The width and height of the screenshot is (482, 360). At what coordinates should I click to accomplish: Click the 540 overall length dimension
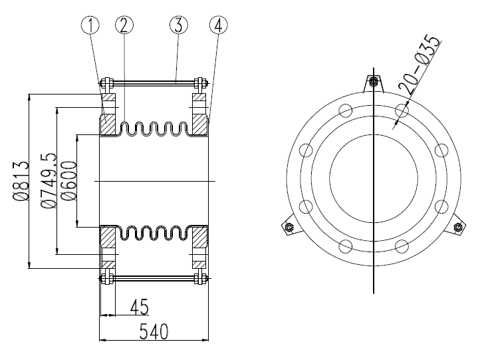coord(154,331)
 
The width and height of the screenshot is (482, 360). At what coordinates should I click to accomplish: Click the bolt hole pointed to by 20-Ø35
coord(401,110)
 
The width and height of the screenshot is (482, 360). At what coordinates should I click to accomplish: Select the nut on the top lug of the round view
coord(374,82)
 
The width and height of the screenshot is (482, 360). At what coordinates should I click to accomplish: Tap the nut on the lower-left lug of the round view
coord(289,228)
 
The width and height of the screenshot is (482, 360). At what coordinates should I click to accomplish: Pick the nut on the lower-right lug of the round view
coord(457,228)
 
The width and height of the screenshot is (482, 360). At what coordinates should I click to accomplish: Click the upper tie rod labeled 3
coord(155,83)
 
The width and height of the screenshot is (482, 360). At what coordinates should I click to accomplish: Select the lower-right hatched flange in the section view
coord(199,236)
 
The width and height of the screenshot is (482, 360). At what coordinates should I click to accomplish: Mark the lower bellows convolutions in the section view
coord(154,233)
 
